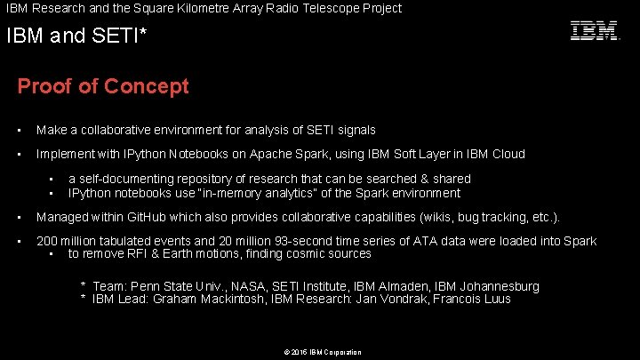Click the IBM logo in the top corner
(594, 31)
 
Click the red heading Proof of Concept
(103, 87)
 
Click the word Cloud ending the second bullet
(508, 154)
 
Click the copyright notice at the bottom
(322, 352)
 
